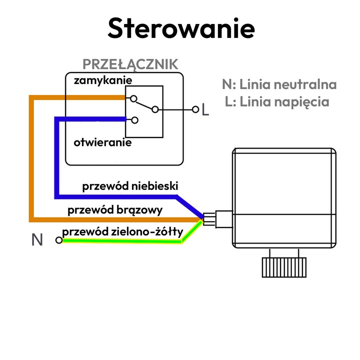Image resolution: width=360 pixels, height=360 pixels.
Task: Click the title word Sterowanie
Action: pos(181,28)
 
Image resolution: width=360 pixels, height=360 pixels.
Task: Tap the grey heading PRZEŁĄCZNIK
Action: pos(130,64)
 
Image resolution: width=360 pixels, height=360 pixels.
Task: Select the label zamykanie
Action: pos(102,80)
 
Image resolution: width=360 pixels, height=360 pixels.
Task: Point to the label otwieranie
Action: pos(102,142)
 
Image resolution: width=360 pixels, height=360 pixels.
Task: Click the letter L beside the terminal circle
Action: pos(205,109)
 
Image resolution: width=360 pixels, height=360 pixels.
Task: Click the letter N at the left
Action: pos(37,240)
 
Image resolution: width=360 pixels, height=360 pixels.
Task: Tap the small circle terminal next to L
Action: pos(195,109)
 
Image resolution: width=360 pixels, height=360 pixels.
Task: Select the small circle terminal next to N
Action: pos(59,240)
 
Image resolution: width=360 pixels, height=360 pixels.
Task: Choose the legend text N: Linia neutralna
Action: pos(279,84)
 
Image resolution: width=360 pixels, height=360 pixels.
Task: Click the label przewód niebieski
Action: pos(130,186)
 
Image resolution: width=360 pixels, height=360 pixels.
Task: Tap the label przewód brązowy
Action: pos(115,209)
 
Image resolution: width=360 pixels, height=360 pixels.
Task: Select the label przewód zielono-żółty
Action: pos(122,231)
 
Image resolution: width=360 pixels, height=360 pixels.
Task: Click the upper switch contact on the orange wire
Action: pos(134,98)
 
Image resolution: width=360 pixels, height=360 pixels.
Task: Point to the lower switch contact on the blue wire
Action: pos(134,119)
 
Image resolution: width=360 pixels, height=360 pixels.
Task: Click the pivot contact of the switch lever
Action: pos(155,109)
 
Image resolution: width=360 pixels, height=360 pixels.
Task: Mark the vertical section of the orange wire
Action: pos(32,157)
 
